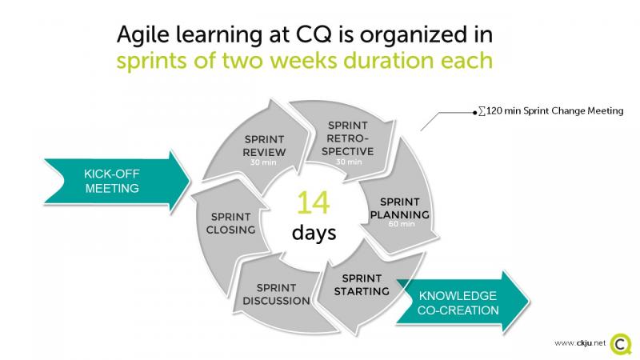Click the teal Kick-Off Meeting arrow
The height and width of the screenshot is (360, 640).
pos(116,181)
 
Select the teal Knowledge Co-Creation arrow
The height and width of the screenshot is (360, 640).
pos(462,302)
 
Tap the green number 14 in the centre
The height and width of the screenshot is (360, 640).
pos(313,203)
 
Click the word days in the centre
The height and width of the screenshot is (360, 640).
pos(314,233)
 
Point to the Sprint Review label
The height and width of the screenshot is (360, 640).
pos(264,146)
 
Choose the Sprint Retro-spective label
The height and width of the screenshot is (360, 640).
pos(348,138)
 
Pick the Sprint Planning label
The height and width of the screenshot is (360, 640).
pos(399,208)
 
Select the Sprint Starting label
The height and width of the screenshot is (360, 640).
pos(362,285)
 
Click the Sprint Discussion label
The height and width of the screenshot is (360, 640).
pos(276,294)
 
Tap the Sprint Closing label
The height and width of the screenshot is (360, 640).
pos(230,223)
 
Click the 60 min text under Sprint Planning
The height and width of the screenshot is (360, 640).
pos(402,224)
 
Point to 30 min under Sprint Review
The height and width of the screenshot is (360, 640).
pos(263,162)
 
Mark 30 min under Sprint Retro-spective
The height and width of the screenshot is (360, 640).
pos(349,162)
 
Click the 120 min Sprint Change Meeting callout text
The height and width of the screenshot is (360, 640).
pos(551,110)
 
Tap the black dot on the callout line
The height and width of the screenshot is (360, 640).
pos(474,113)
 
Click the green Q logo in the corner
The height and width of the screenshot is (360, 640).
pos(621,344)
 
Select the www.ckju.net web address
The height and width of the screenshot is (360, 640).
pos(579,343)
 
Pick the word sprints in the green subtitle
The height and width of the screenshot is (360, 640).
pos(151,61)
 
